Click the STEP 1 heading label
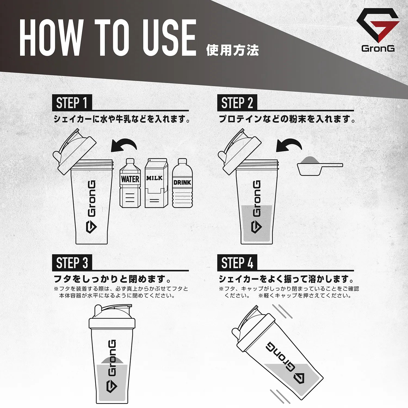point(72,103)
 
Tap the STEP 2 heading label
point(237,103)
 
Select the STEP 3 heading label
point(72,263)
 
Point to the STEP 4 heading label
point(237,263)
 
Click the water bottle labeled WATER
point(130,184)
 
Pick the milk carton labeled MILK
point(156,184)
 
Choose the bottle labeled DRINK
point(182,184)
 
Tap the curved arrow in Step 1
point(124,146)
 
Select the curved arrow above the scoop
point(289,146)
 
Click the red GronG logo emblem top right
point(378,26)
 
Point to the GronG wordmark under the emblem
point(378,48)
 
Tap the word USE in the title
point(169,38)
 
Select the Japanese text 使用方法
point(232,50)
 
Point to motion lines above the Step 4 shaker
point(282,311)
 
